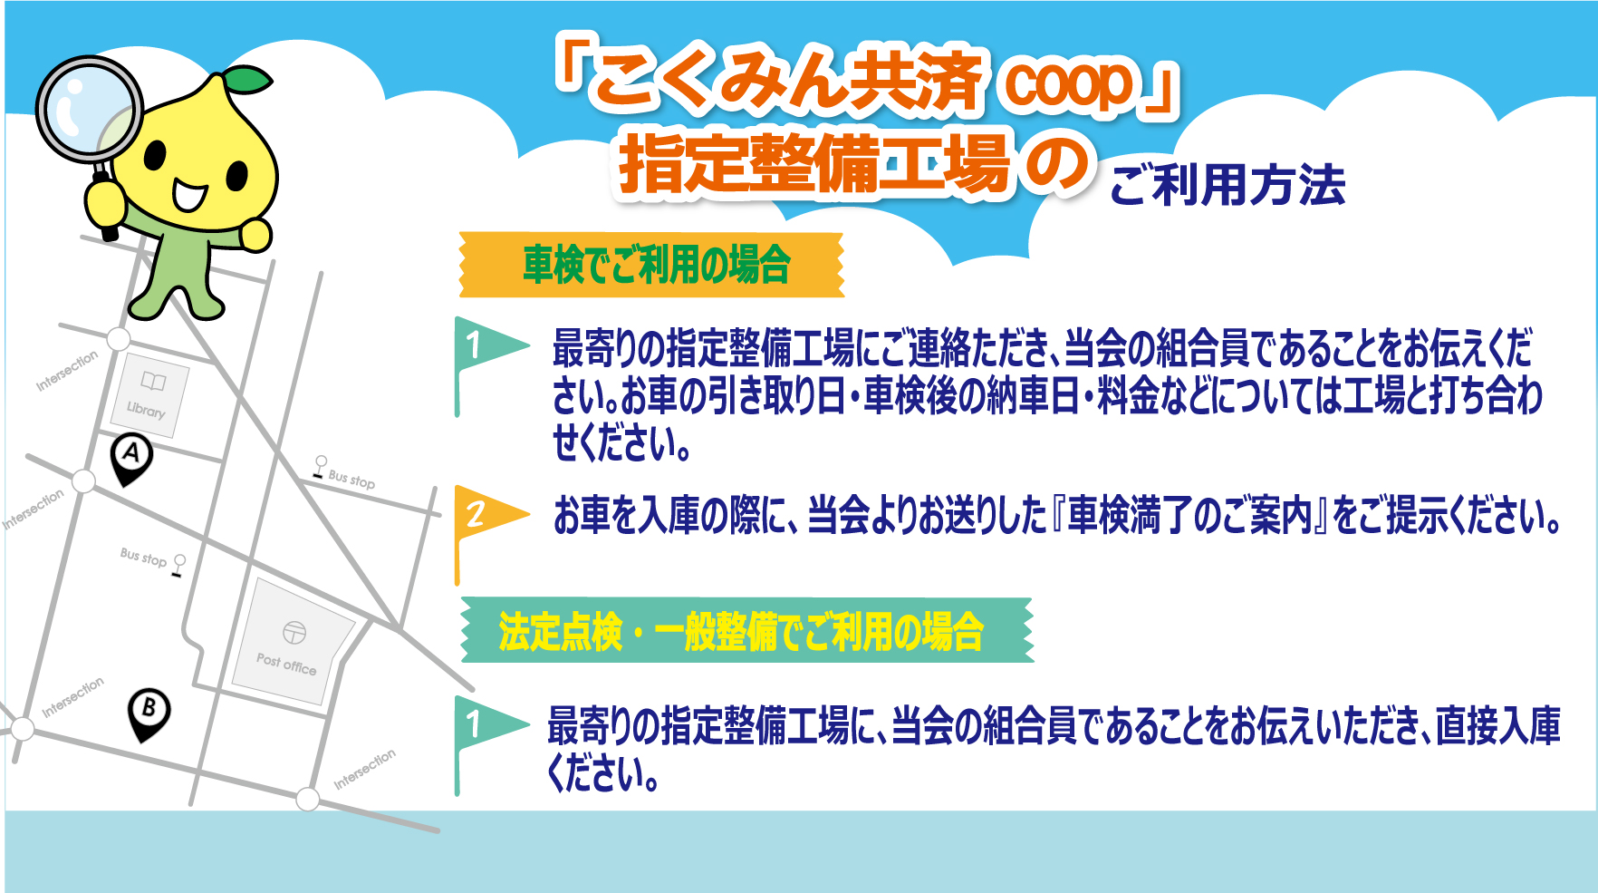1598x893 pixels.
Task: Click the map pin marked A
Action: click(131, 456)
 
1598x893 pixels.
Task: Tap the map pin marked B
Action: click(149, 712)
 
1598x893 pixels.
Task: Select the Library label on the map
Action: click(146, 410)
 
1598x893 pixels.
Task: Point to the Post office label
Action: click(286, 665)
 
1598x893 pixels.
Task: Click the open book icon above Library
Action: click(153, 382)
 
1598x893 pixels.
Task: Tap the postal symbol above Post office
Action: click(294, 632)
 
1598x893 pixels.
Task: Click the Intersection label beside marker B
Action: click(72, 697)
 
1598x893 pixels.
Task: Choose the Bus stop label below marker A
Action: click(143, 557)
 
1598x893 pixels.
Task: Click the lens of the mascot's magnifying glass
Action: click(89, 109)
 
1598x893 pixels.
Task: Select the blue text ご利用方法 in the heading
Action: click(1227, 185)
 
